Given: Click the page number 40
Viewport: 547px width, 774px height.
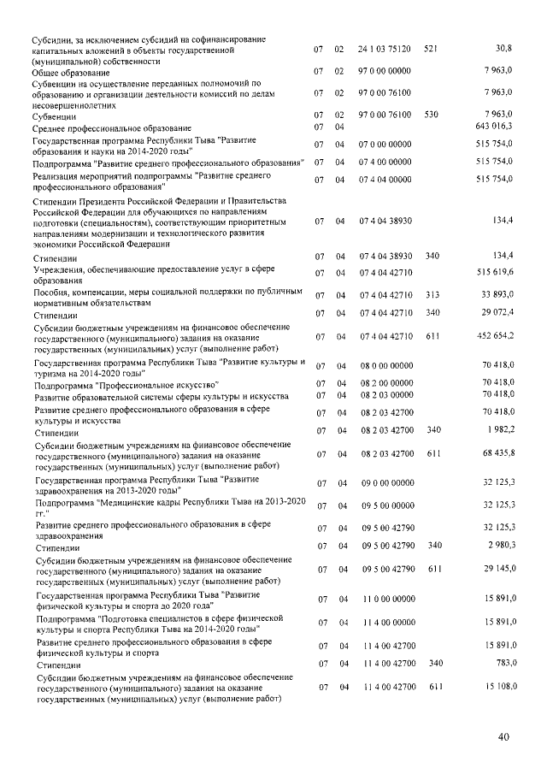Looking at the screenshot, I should (x=503, y=737).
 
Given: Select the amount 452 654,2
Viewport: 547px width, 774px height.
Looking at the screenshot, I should (x=493, y=338).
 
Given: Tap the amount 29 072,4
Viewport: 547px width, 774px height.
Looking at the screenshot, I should (x=495, y=313).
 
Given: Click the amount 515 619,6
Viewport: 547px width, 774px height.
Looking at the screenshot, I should (x=492, y=273).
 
